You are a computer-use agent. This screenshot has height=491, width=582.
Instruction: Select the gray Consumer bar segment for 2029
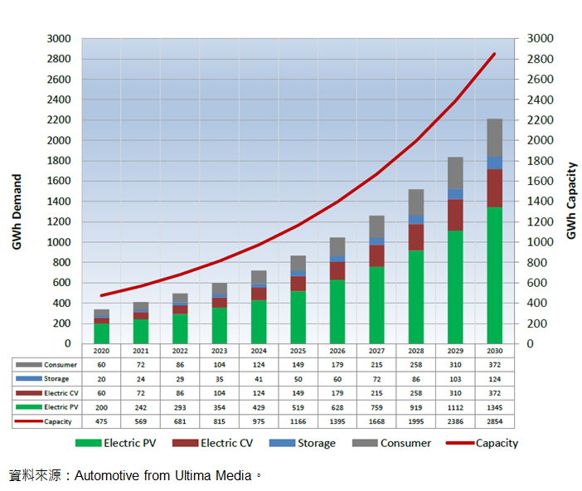point(455,173)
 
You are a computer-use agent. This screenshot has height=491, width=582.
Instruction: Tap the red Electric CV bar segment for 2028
point(415,237)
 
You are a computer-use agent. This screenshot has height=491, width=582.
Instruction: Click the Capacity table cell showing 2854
point(494,422)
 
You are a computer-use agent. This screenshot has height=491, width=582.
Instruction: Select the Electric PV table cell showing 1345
point(494,408)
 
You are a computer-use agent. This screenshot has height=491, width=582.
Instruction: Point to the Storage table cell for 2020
point(101,379)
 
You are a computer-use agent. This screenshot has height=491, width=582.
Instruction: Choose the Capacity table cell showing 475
point(101,422)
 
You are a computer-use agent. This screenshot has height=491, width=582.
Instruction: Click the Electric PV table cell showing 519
point(298,408)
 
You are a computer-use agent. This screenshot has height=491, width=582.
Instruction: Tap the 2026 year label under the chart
point(337,351)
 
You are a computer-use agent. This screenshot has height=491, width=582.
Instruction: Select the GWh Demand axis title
point(17,211)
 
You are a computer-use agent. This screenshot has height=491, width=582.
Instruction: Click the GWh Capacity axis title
point(571,202)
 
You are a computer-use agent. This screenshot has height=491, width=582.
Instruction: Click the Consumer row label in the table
point(60,365)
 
